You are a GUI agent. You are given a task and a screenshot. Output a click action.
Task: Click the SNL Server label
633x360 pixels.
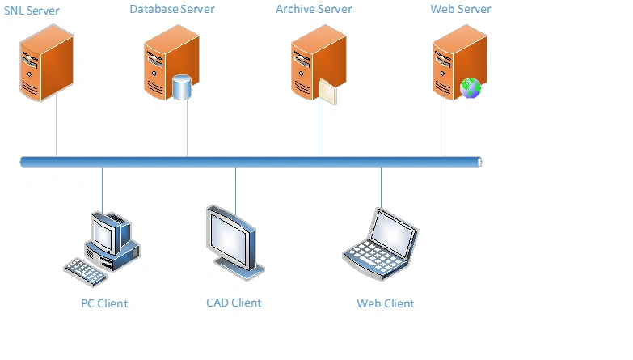(32, 11)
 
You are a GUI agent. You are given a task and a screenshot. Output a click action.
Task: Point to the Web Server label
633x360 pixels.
(462, 9)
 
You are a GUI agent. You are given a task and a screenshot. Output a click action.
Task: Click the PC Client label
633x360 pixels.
(104, 303)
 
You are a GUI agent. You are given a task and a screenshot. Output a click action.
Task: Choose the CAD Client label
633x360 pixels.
(234, 303)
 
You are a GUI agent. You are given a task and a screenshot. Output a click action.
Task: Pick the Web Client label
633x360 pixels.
(385, 303)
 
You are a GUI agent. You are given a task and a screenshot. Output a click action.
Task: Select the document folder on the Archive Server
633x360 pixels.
(327, 91)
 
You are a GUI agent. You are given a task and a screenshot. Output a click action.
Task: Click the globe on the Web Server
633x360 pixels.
(470, 88)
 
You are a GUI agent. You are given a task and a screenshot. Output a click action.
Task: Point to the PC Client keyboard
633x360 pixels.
(85, 270)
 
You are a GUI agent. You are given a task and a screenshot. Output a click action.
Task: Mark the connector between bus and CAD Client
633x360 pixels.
(235, 186)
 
